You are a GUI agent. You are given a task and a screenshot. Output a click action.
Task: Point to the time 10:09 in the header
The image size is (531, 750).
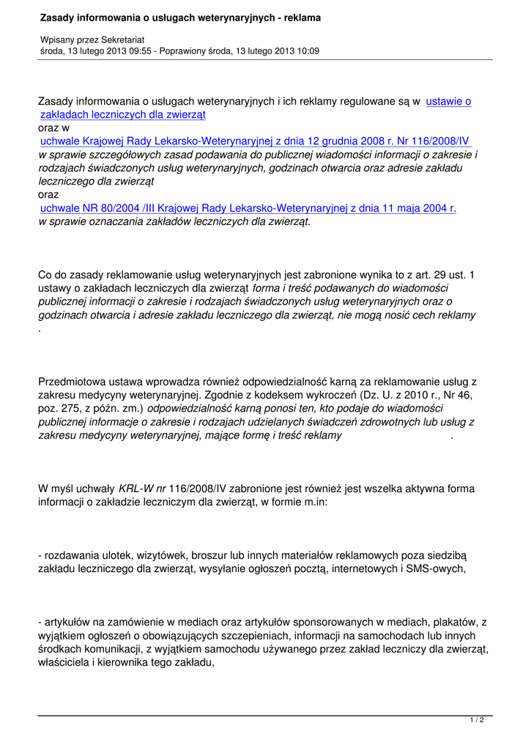pos(307,51)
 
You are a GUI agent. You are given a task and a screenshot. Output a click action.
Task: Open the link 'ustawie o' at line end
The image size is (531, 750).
pos(448,102)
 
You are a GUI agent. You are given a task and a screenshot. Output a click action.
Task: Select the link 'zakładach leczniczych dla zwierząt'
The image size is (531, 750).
pos(123,115)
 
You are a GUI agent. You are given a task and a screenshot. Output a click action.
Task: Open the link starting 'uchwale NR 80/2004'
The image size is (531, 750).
pos(248,208)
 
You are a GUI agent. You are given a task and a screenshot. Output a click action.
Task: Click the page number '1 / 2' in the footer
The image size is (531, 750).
pos(476,721)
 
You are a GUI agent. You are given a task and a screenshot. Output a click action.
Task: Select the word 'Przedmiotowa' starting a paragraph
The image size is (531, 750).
pos(73,382)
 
